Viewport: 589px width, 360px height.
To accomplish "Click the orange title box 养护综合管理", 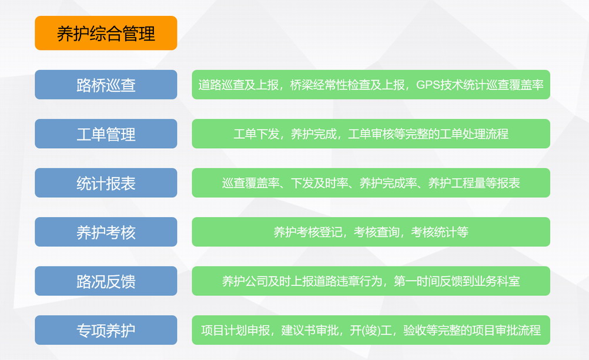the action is [106, 33].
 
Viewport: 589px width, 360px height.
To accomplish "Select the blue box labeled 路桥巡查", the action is [106, 85].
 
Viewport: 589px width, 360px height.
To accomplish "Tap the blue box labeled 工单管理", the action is [106, 134].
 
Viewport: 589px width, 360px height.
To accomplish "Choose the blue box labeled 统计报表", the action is [106, 182].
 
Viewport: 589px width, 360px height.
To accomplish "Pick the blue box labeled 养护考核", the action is [106, 232].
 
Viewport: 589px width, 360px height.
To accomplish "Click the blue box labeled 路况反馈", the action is [106, 281].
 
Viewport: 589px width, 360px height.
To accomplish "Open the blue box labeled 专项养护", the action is [106, 330].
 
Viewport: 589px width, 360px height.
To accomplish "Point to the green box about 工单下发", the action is [371, 134].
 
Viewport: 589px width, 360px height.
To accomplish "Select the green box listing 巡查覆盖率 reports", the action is [371, 182].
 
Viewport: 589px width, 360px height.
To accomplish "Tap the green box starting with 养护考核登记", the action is [371, 232].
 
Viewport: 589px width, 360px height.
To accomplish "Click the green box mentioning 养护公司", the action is [371, 281].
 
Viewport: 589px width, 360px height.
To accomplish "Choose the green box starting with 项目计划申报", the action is [371, 330].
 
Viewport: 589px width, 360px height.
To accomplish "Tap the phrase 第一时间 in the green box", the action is [417, 281].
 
